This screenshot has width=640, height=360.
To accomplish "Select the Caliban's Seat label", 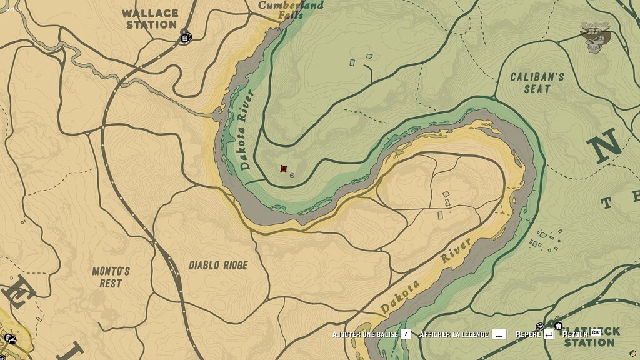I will [537, 82].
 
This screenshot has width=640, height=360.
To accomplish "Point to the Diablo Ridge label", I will [218, 265].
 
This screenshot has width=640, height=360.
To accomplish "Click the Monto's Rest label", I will [111, 277].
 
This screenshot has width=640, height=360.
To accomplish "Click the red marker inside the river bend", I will [284, 169].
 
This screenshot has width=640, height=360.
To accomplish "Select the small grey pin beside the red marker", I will [292, 176].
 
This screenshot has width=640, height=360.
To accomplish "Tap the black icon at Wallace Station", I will [185, 37].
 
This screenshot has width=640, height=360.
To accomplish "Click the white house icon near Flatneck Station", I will [558, 326].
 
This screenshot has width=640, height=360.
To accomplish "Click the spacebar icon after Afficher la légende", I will [498, 334].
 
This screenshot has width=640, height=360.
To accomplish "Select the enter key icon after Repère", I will [548, 334].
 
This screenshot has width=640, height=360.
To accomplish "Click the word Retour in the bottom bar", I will [575, 334].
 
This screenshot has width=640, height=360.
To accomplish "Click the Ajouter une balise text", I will [365, 334].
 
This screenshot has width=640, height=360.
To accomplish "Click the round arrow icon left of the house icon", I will [541, 326].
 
